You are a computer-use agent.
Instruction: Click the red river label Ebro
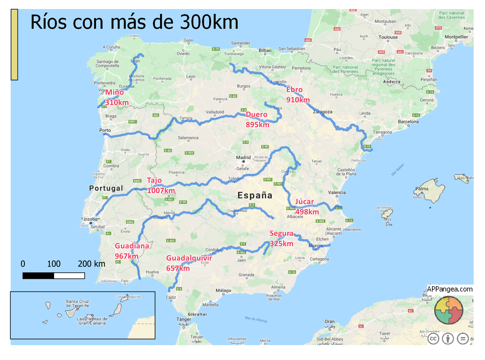294,90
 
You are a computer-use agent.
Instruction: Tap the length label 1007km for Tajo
161,191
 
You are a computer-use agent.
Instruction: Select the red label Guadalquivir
189,258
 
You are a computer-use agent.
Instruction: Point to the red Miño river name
114,92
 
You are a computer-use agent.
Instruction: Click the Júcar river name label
304,202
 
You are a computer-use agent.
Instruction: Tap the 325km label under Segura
281,244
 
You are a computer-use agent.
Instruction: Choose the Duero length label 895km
257,125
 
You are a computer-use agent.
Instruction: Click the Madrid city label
243,158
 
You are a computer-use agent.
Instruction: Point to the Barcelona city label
408,122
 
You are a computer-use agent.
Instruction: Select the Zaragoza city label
322,112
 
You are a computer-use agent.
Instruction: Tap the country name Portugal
106,188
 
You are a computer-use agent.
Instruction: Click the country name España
255,196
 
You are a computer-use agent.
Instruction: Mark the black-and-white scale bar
54,276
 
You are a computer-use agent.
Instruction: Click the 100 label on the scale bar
54,264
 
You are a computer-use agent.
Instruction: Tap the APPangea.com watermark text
450,289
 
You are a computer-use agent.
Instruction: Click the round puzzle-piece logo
448,310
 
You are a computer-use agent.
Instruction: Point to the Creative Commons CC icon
433,339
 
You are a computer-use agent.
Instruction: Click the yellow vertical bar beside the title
14,45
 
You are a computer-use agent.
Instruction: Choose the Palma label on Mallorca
422,189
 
